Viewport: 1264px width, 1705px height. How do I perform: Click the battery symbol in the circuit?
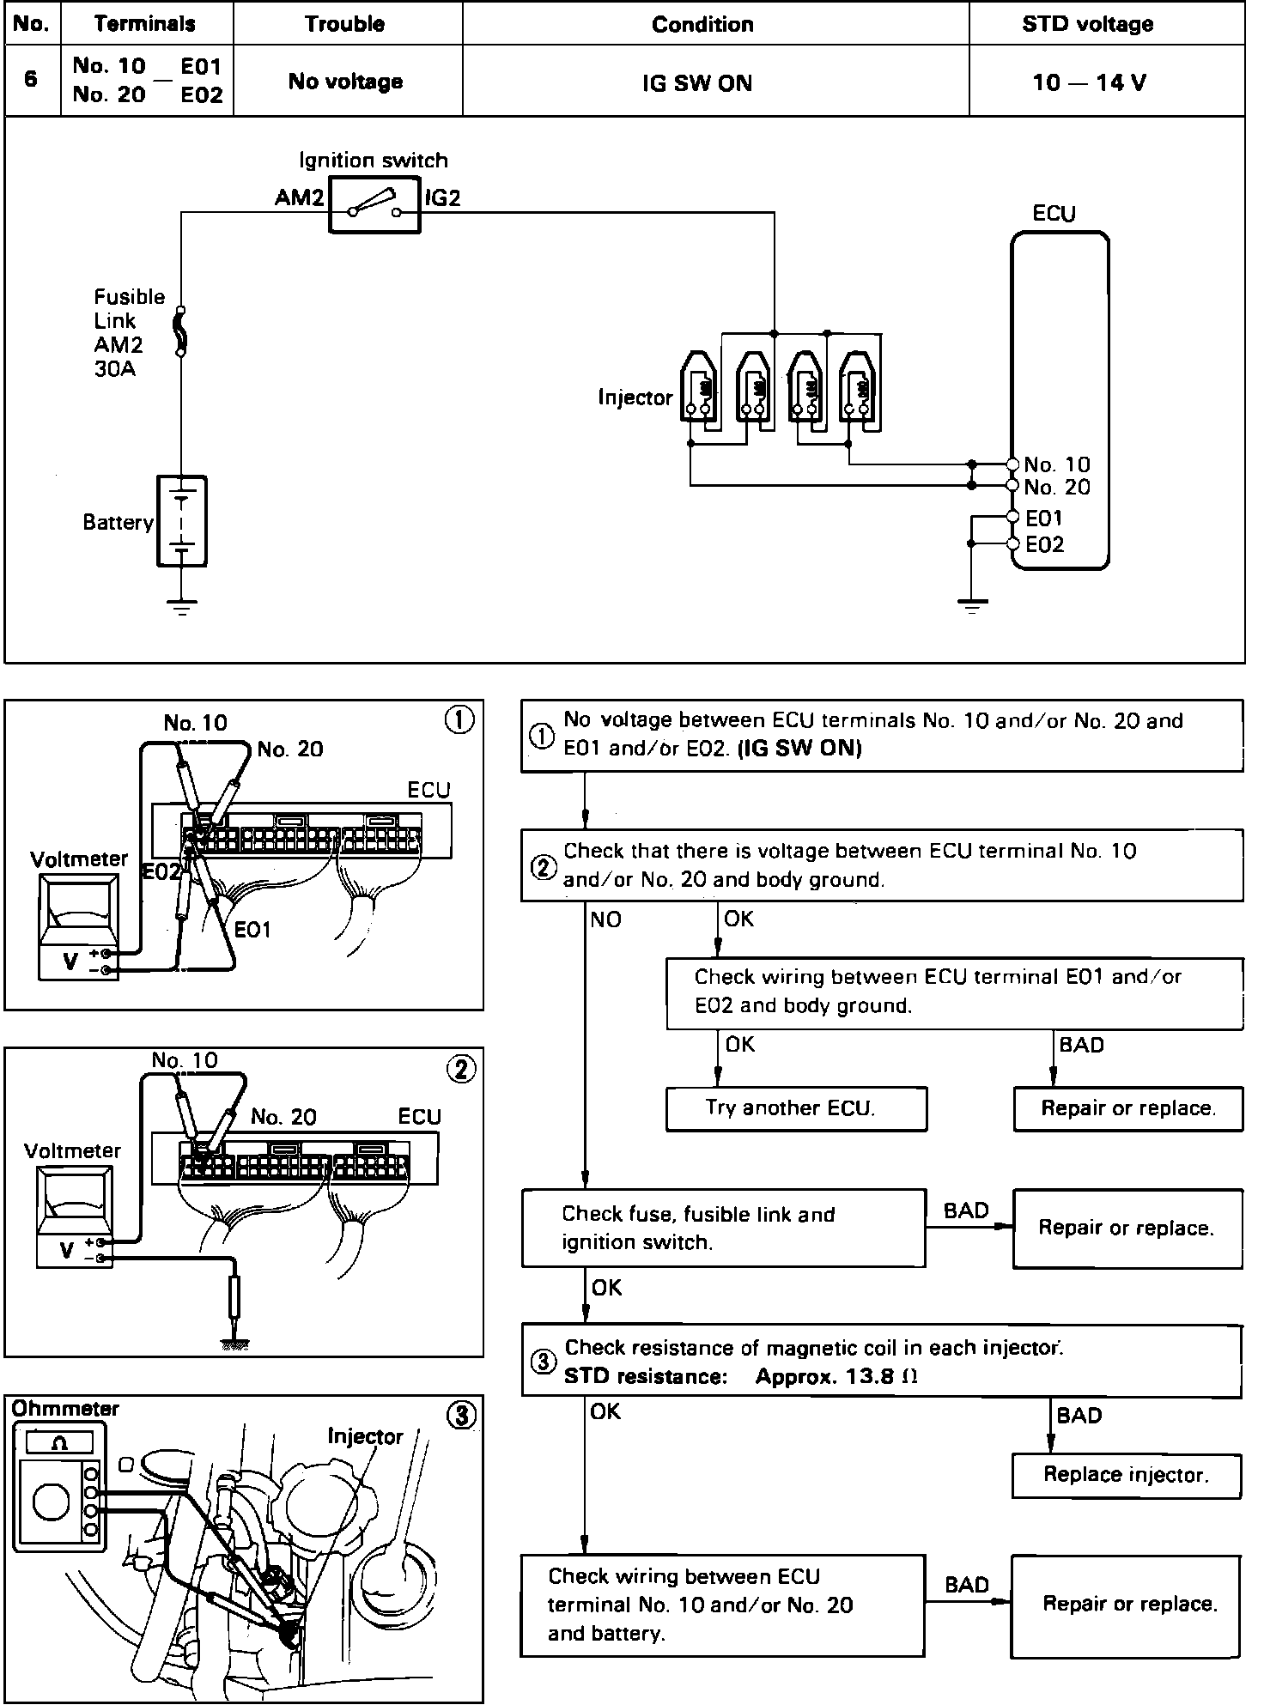click(181, 520)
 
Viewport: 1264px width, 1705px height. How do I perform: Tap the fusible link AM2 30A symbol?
click(181, 331)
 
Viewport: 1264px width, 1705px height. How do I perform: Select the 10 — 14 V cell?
click(1089, 82)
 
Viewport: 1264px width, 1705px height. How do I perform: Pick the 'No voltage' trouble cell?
click(345, 82)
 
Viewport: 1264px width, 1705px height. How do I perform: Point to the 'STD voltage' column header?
click(1087, 24)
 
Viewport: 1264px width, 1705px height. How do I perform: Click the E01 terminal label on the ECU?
click(1044, 518)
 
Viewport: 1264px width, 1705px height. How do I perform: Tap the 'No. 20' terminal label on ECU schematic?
click(1057, 488)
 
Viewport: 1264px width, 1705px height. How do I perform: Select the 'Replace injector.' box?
click(1126, 1475)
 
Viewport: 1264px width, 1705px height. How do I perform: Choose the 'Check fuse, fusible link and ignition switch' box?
click(723, 1228)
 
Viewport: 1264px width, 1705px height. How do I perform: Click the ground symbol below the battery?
click(181, 607)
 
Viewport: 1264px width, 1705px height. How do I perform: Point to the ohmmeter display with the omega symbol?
click(59, 1444)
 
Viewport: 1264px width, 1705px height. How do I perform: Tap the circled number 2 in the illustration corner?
click(461, 1069)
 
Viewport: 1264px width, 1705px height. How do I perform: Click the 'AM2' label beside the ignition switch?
click(299, 198)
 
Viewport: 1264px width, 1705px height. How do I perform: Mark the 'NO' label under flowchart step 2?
click(605, 919)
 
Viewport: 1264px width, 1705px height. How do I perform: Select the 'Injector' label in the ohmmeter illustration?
click(365, 1436)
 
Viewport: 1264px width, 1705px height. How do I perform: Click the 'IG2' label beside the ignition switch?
click(443, 198)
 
